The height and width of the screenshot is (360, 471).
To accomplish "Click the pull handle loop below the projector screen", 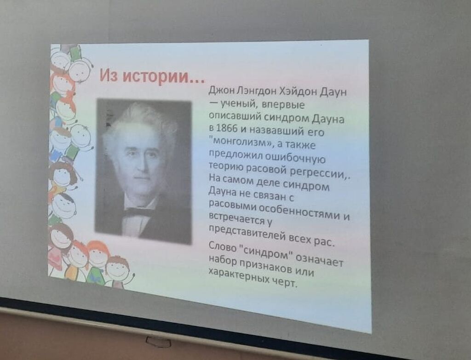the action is [158, 342].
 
